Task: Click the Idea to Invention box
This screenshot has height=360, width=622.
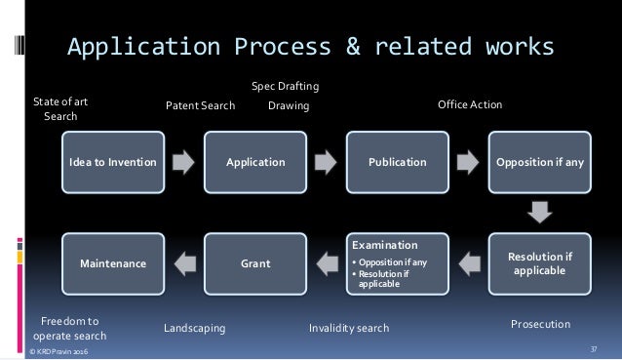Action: (112, 162)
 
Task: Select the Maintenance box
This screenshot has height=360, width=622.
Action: (112, 262)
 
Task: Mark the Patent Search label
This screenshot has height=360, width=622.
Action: (199, 105)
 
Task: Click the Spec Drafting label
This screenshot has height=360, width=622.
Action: (286, 87)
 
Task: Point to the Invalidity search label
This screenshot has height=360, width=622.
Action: (348, 329)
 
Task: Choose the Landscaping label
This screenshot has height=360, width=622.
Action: (195, 329)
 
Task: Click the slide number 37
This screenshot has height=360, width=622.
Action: (594, 348)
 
